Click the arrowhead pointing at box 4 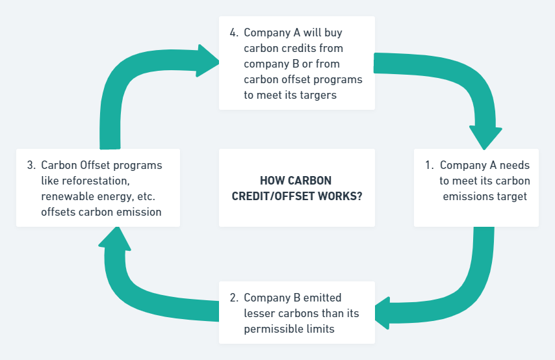click(209, 60)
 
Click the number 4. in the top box click(234, 32)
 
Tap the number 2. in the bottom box click(234, 298)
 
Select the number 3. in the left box click(31, 165)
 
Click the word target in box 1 click(512, 196)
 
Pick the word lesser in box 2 click(259, 313)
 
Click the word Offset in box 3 click(94, 165)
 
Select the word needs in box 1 click(517, 165)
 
